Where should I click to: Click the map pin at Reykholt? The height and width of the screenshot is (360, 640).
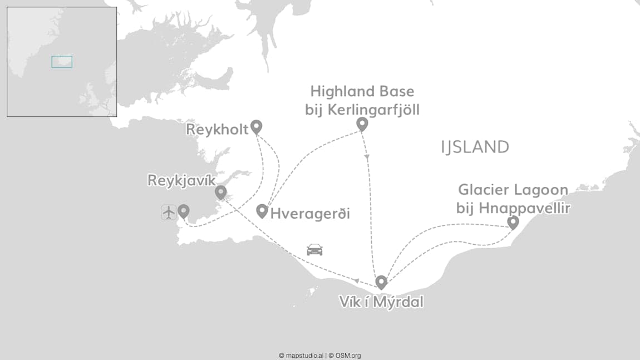click(x=256, y=126)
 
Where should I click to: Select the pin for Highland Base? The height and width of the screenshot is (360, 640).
click(x=362, y=124)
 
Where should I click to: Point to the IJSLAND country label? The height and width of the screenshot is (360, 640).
click(x=475, y=147)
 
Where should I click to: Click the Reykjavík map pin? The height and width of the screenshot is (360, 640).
click(x=221, y=192)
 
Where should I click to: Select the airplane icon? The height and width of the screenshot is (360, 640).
click(x=169, y=212)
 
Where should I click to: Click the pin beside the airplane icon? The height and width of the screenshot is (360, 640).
click(x=183, y=211)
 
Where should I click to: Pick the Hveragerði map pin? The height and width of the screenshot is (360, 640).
click(x=262, y=210)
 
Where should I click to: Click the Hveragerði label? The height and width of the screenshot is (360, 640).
click(x=310, y=213)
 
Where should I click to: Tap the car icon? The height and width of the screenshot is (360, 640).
click(x=314, y=249)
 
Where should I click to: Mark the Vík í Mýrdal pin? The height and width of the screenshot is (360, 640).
click(x=381, y=282)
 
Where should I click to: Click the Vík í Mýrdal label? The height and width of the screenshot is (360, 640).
click(x=381, y=302)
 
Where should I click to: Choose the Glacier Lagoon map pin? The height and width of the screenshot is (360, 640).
click(x=513, y=222)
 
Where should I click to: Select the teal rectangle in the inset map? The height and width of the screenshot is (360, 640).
click(x=62, y=62)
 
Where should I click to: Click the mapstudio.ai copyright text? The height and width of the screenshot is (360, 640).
click(x=301, y=355)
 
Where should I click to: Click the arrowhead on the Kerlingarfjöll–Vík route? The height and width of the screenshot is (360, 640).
click(x=367, y=157)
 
